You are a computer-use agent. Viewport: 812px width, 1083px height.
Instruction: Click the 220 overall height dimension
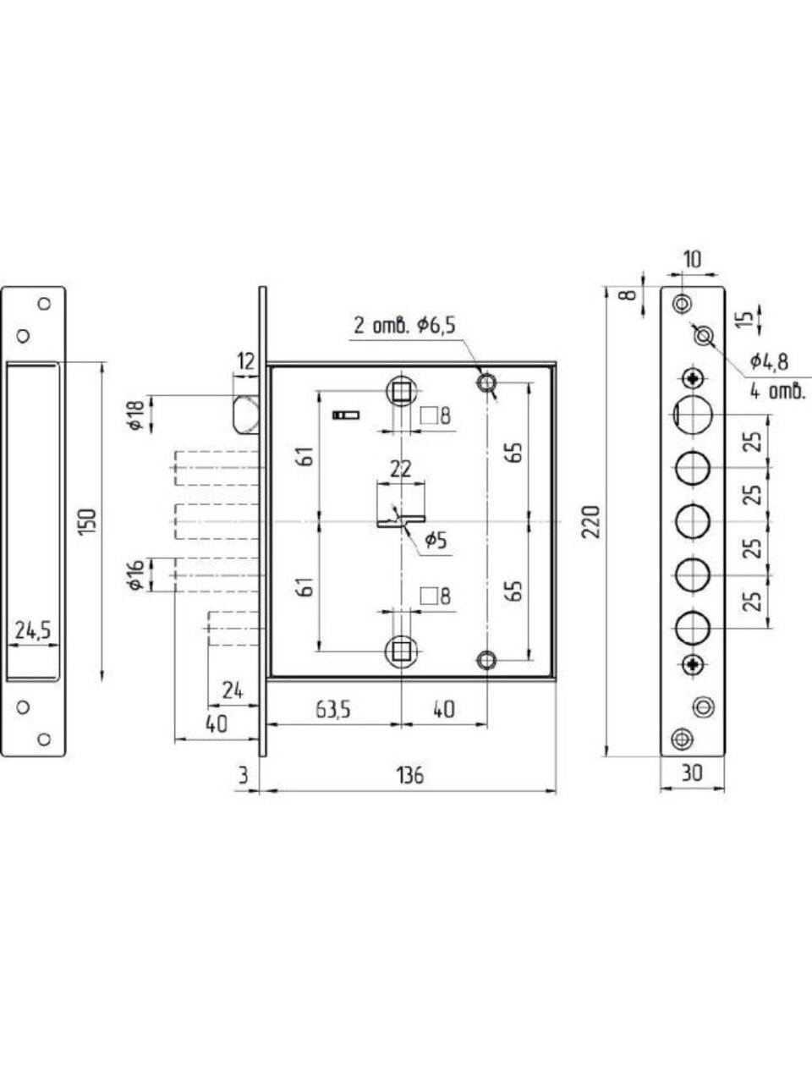(x=590, y=522)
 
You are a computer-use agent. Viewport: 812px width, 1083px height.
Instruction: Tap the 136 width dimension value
(x=410, y=776)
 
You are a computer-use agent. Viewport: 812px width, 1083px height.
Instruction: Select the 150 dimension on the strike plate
(x=90, y=521)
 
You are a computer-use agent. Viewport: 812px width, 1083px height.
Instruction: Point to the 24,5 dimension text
(x=33, y=631)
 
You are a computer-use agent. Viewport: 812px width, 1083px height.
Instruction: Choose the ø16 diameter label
(x=136, y=574)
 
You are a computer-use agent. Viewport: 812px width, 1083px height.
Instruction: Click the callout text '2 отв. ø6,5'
(x=404, y=326)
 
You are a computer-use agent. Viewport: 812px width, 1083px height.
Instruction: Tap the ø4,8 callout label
(x=769, y=363)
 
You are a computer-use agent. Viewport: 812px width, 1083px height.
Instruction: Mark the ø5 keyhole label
(x=436, y=541)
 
